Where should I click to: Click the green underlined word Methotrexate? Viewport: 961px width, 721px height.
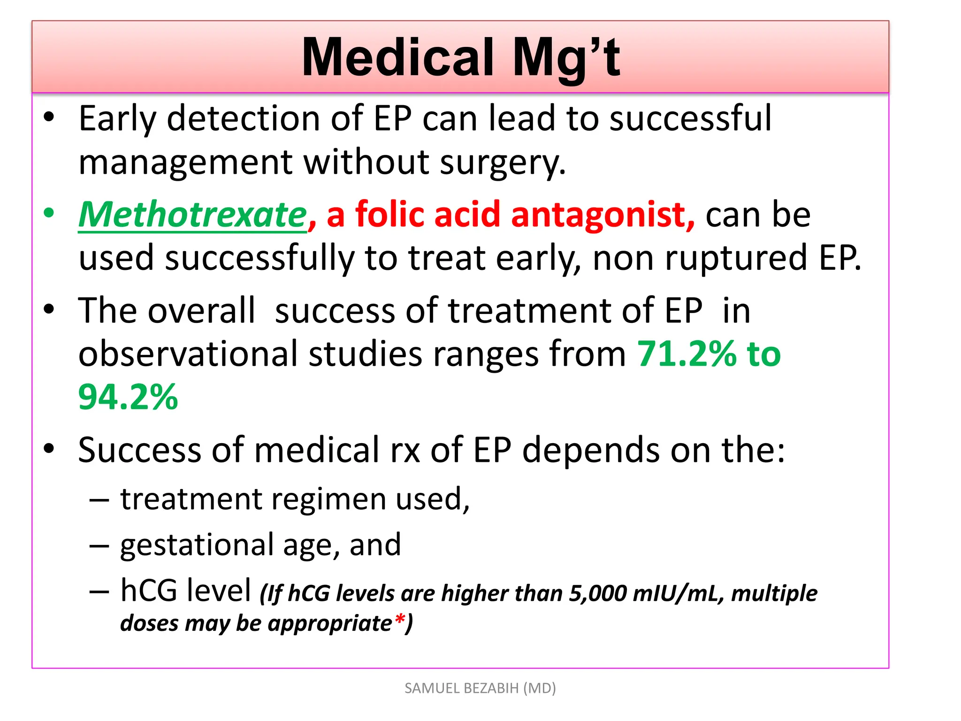click(x=192, y=215)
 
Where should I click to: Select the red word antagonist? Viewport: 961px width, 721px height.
click(x=602, y=215)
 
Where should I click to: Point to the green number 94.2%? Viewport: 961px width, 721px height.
click(x=128, y=397)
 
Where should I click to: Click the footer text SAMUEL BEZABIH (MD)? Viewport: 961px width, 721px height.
click(x=480, y=688)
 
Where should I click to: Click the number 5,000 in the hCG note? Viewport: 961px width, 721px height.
click(x=598, y=593)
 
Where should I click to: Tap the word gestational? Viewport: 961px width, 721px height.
click(x=197, y=545)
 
